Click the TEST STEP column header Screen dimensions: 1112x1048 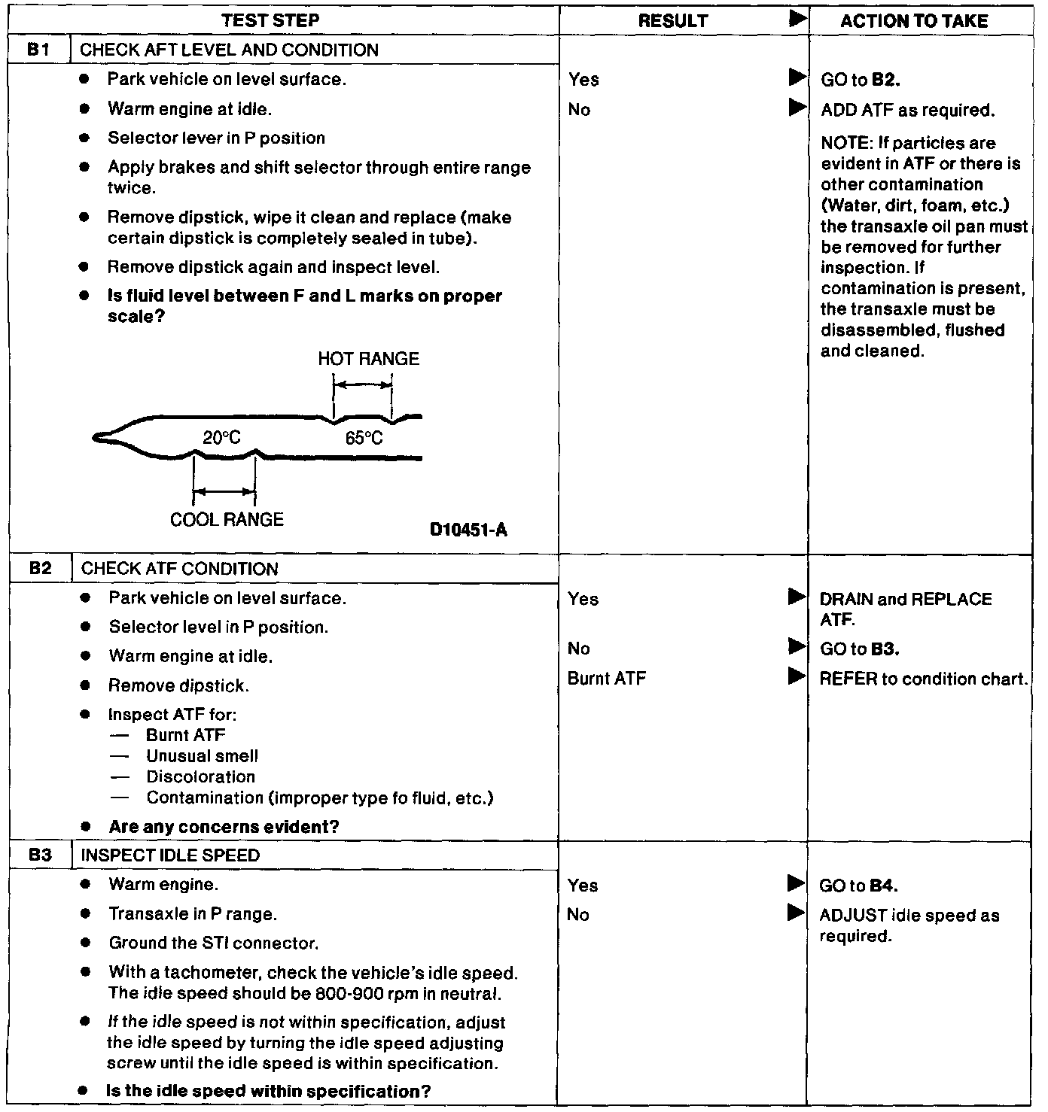270,20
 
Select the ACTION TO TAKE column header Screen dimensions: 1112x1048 914,21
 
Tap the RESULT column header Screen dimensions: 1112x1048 673,21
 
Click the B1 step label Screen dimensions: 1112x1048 40,50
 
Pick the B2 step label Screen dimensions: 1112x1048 40,569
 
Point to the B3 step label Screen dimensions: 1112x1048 40,855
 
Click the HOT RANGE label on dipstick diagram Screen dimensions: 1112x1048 368,359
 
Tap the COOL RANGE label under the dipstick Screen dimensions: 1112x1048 227,520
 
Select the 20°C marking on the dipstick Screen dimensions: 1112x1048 221,438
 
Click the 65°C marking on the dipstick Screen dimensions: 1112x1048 364,439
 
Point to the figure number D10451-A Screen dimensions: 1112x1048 468,530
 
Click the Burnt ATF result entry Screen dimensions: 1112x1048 607,679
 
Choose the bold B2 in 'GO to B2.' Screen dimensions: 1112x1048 885,81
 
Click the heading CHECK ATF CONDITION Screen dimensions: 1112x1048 179,570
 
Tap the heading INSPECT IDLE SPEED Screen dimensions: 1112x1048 170,856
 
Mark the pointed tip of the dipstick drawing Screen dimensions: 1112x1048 96,437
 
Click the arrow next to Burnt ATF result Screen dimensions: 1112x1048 796,676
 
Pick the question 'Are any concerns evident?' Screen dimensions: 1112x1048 224,827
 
